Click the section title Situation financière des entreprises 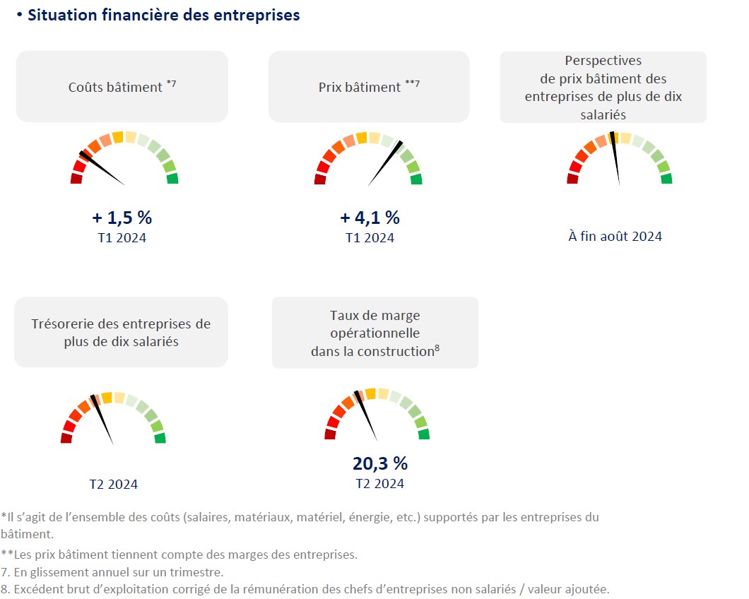(x=163, y=15)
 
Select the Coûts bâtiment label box (x=122, y=87)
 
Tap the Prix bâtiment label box (x=369, y=87)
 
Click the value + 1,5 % (x=122, y=217)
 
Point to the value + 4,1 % (x=370, y=217)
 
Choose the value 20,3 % (x=380, y=463)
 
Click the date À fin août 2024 (x=615, y=237)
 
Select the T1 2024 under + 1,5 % (x=122, y=237)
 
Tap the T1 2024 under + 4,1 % (x=370, y=237)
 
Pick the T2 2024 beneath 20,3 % (x=380, y=484)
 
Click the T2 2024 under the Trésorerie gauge (x=113, y=485)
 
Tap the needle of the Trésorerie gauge (x=103, y=420)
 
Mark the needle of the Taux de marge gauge (x=367, y=417)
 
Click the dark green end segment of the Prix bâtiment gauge (x=416, y=179)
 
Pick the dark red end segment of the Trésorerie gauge (x=66, y=439)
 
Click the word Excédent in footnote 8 (x=37, y=589)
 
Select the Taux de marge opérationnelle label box (x=374, y=333)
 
